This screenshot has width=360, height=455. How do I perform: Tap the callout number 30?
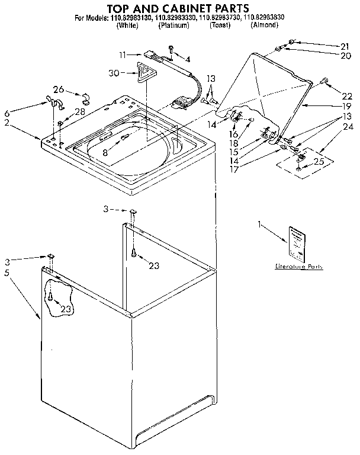(x=115, y=73)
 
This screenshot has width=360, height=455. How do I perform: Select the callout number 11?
(x=122, y=55)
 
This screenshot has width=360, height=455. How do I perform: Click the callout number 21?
(x=345, y=46)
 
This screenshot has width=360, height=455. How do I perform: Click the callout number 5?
(x=7, y=273)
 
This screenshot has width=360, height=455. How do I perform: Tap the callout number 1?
(x=259, y=224)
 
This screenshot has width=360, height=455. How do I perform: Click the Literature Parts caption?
(x=299, y=267)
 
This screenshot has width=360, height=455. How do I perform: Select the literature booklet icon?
(x=296, y=243)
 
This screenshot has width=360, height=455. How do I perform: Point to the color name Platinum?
(x=173, y=25)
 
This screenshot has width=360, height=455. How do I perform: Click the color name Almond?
(x=264, y=25)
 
